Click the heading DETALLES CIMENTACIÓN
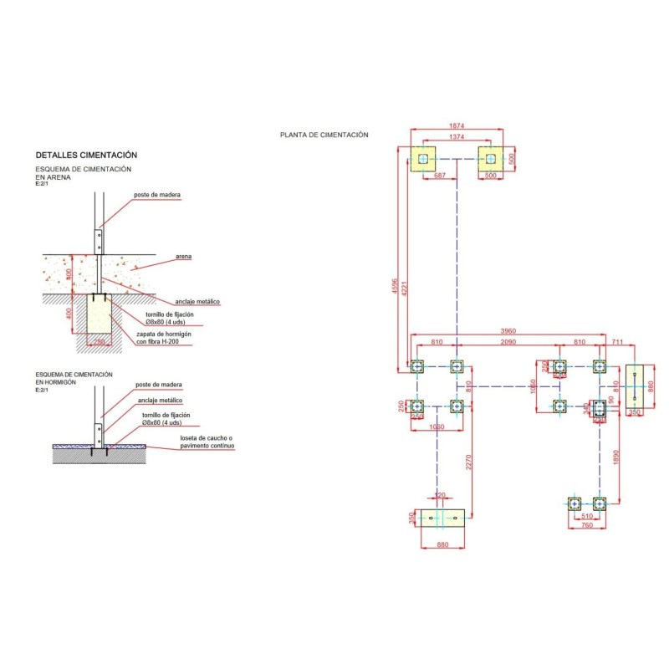click(86, 156)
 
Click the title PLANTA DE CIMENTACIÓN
click(324, 135)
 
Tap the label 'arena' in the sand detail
click(184, 256)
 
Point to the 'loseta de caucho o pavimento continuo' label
click(207, 442)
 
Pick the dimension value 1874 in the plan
click(456, 126)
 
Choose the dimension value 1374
click(456, 135)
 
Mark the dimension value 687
click(440, 176)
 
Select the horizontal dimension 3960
click(507, 331)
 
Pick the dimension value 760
click(586, 526)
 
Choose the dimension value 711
click(618, 343)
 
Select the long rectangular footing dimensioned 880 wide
click(442, 519)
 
